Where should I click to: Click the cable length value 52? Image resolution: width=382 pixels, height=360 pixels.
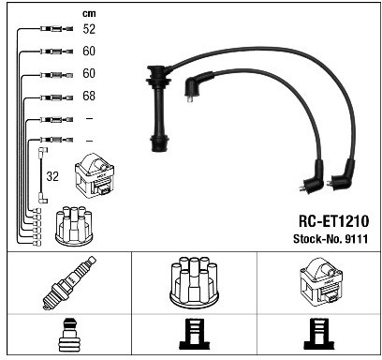[89, 29]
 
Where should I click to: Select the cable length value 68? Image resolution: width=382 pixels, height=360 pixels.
[89, 96]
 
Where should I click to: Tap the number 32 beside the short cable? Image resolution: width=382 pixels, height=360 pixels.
[52, 176]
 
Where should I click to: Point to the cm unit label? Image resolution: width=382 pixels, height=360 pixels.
[89, 14]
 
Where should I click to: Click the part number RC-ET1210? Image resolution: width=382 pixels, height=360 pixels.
[333, 221]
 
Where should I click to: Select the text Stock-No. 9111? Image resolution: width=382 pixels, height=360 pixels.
[331, 239]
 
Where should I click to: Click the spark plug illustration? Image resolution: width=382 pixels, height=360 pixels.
[69, 283]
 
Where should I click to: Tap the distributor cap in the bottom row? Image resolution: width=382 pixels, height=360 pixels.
[194, 283]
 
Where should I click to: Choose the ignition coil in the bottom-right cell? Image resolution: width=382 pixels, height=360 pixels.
[321, 280]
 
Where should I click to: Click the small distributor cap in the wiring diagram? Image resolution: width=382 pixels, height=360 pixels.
[74, 225]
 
